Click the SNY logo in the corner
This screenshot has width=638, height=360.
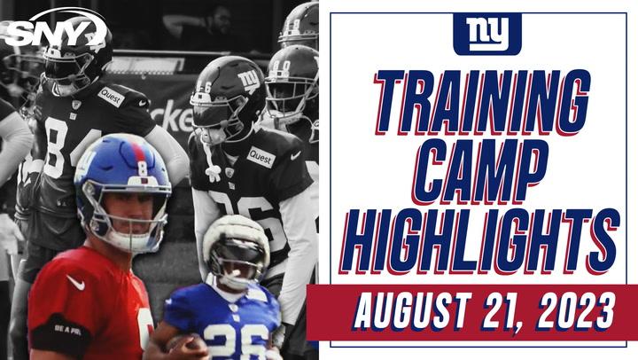(x=55, y=34)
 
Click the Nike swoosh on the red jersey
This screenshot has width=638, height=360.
(x=77, y=285)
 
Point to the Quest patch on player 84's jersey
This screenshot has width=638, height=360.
(x=111, y=97)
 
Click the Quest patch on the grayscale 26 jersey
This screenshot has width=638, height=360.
(x=261, y=157)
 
